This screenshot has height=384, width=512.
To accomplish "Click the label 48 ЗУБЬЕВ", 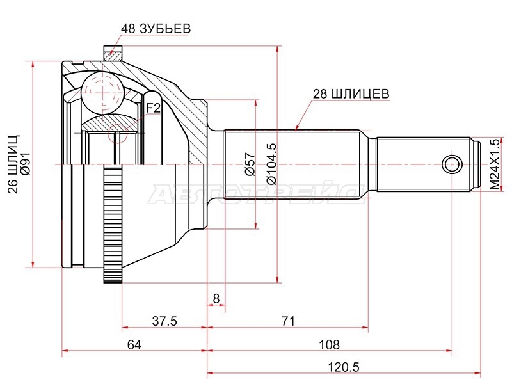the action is click(x=156, y=29).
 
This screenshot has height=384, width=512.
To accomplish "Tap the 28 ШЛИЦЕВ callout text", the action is click(x=351, y=94).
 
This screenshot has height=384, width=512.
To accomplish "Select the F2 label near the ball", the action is click(x=153, y=108).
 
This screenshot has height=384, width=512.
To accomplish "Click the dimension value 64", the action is click(x=134, y=345).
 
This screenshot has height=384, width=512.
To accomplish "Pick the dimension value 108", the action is click(x=330, y=345).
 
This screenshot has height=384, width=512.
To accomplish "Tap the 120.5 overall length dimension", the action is click(x=343, y=367).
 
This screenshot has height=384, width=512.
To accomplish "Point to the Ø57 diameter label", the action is click(x=250, y=164).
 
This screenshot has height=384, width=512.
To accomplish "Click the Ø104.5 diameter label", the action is click(x=271, y=164).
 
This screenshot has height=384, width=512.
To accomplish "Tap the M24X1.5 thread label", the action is click(x=495, y=164).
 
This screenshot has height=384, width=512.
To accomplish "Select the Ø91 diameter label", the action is click(x=25, y=164).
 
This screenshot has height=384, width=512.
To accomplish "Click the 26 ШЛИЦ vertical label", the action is click(x=13, y=164).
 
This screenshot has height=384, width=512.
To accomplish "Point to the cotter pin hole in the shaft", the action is click(x=452, y=164).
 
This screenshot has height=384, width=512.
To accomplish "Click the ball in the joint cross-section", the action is click(x=102, y=93).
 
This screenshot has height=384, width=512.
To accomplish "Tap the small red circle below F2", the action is click(x=117, y=134).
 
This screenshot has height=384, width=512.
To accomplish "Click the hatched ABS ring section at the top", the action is click(x=113, y=53).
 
